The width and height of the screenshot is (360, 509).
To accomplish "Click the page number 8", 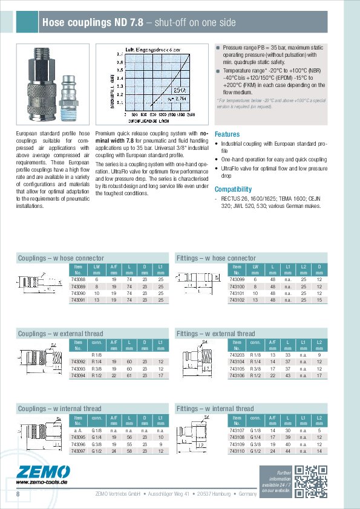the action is pos(18,494).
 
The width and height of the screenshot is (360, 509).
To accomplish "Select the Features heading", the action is pos(227,134).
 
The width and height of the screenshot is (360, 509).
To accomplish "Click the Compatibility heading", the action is pos(233,189).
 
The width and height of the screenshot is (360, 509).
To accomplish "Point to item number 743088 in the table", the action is pos(78,280).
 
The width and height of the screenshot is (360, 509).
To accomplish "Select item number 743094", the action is pos(78,375).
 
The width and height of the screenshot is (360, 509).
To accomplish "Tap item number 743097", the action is pos(78,450).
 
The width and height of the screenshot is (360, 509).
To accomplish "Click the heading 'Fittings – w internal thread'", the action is pos(215,409).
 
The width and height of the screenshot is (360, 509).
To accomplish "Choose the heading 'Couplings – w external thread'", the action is pos(61,333).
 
